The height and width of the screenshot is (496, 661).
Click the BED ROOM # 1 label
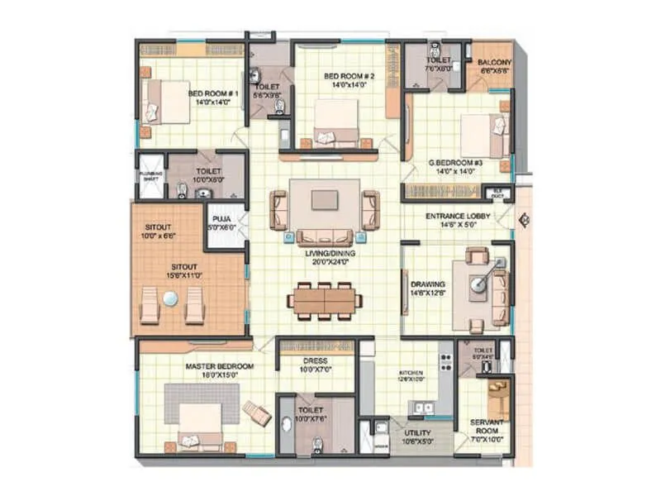coord(213,94)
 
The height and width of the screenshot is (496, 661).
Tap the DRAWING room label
coord(427,284)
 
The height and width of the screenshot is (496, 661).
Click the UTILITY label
coord(416,432)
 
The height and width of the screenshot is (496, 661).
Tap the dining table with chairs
coord(324,299)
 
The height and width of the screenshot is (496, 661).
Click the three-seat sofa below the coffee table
coord(324,236)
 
